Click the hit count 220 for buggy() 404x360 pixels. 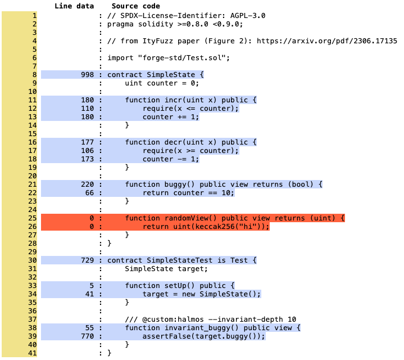[x=87, y=184]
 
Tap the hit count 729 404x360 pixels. [x=87, y=260]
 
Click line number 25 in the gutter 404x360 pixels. [x=33, y=218]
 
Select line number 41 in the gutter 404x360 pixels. [x=33, y=353]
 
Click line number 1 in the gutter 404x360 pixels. [x=35, y=16]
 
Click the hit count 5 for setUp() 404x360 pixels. [x=92, y=285]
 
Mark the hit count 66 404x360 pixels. [x=89, y=192]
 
